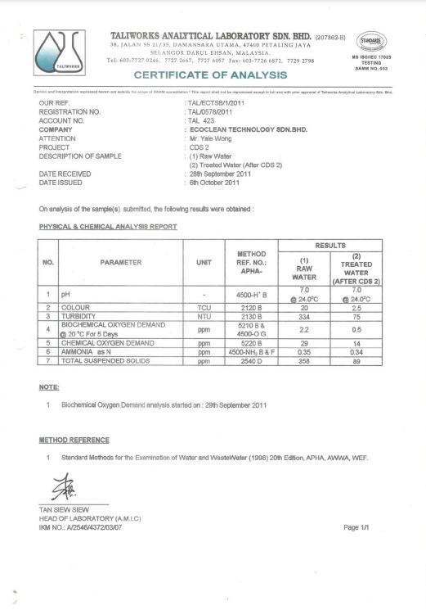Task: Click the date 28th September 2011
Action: click(x=226, y=174)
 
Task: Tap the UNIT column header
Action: click(x=205, y=262)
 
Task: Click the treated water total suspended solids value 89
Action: click(x=356, y=359)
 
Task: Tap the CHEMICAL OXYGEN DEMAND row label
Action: click(x=107, y=342)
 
